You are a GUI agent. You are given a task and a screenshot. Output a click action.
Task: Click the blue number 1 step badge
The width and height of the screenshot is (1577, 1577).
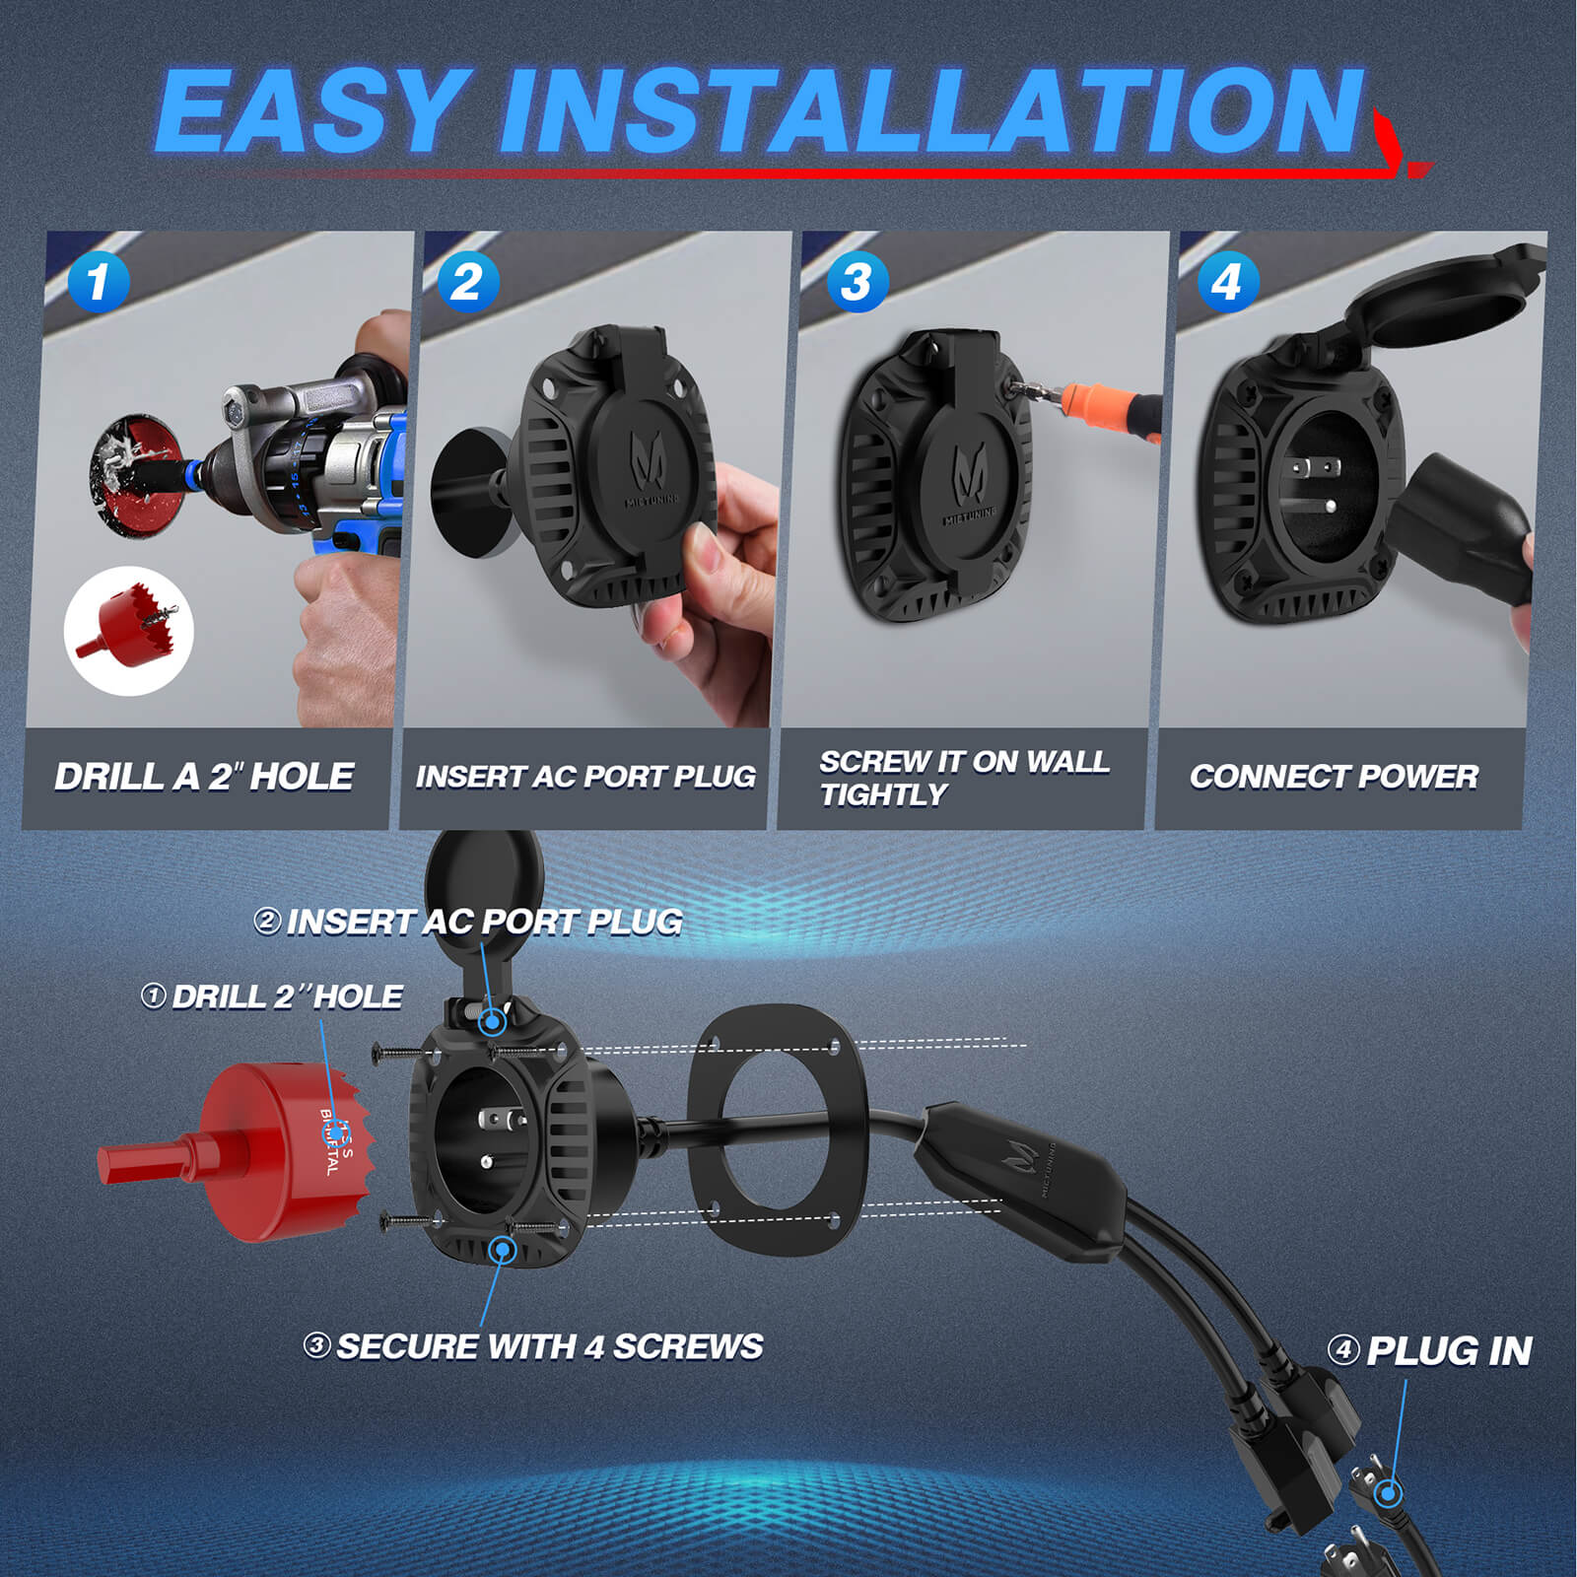(x=99, y=282)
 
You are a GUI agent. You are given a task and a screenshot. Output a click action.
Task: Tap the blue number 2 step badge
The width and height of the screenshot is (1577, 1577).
(x=467, y=282)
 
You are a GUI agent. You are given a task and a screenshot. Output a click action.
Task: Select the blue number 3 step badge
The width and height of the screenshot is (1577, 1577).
(x=857, y=282)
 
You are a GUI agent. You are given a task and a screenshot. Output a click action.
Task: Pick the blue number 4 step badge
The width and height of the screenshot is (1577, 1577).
(x=1227, y=282)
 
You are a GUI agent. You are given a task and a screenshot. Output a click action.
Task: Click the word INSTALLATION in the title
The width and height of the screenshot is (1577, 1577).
(x=931, y=110)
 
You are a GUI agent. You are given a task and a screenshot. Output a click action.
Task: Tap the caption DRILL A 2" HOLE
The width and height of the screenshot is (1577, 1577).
(x=204, y=777)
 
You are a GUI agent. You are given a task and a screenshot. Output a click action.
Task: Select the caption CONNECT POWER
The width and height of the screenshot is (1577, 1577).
(x=1334, y=777)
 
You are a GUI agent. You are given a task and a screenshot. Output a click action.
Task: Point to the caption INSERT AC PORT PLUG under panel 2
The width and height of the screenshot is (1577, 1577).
(x=585, y=777)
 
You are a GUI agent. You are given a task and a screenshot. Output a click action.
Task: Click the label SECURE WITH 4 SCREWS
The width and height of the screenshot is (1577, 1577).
(x=548, y=1346)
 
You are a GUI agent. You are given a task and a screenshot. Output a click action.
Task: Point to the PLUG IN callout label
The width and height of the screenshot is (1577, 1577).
(x=1448, y=1351)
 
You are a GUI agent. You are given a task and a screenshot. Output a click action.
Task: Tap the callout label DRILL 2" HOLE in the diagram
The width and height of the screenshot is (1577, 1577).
(x=286, y=996)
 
